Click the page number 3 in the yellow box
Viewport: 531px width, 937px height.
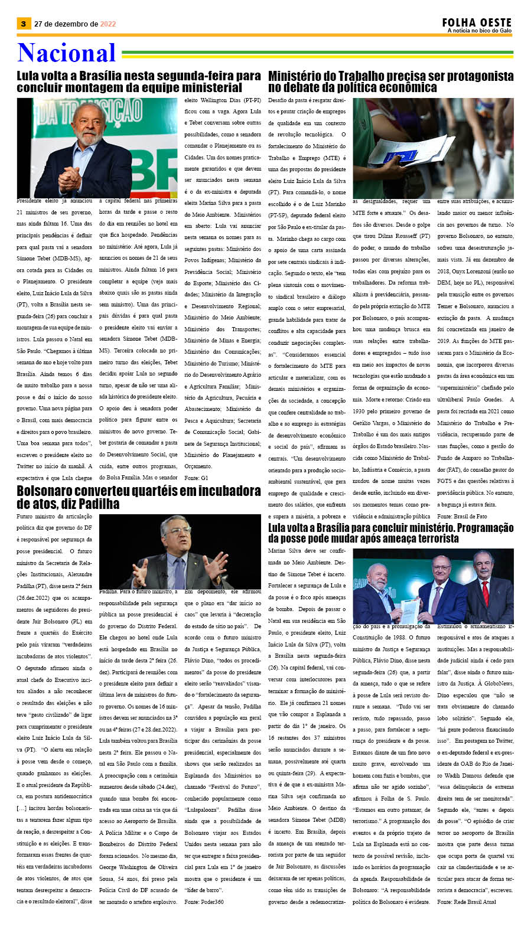tap(23, 24)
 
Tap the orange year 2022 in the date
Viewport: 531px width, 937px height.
tap(108, 24)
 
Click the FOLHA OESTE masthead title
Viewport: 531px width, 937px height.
tap(477, 22)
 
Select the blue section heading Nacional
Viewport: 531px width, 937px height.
tap(66, 53)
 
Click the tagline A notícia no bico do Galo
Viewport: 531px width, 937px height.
tap(479, 31)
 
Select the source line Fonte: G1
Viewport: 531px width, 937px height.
tap(196, 478)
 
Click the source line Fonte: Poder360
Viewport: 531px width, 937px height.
tap(204, 902)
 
